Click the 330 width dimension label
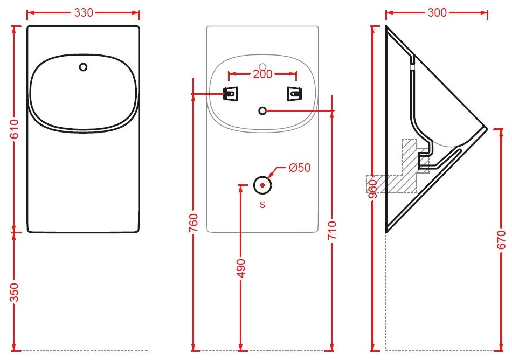[83, 13]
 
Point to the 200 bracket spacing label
[262, 74]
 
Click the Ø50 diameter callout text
[300, 168]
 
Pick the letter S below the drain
[262, 205]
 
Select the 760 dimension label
[195, 223]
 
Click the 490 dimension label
[240, 268]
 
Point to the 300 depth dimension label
[437, 12]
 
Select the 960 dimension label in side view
[372, 189]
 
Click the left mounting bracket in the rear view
[231, 94]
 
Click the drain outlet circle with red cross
[262, 185]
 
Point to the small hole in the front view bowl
[83, 67]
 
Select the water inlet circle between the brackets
[262, 110]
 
